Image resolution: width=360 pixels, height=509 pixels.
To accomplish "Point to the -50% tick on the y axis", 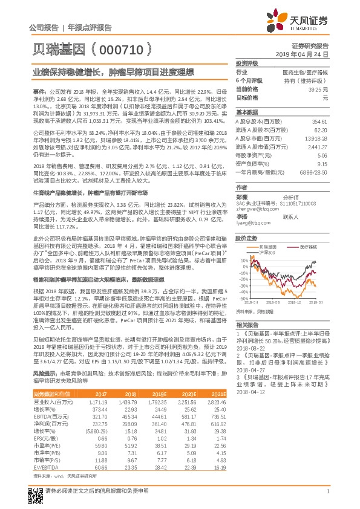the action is [x=241, y=298].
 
